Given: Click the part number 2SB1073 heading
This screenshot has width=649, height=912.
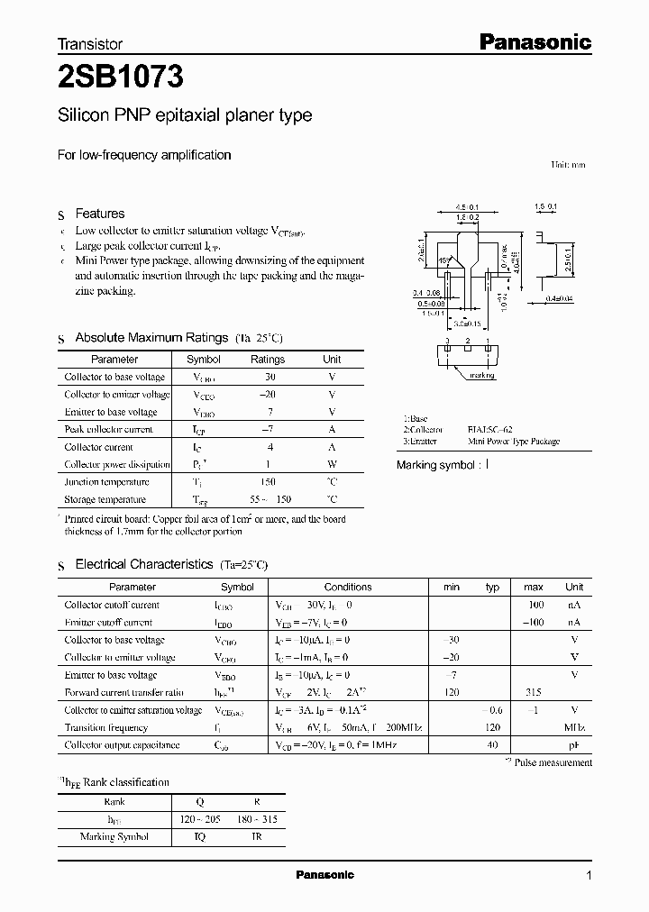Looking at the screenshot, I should [x=121, y=78].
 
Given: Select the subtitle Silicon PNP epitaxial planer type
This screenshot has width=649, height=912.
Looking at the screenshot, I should [x=185, y=115].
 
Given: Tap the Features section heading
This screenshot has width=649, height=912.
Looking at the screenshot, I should [x=99, y=214].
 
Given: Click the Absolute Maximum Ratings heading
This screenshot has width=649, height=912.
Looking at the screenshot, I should [x=151, y=337].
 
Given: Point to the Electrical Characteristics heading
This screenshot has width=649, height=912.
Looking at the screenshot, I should [x=143, y=564].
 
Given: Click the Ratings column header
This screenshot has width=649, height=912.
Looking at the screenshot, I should [x=267, y=359].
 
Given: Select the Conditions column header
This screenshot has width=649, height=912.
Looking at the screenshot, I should [x=347, y=587].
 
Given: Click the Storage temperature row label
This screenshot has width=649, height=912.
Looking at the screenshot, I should [x=105, y=499].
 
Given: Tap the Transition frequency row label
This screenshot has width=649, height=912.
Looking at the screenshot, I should [x=105, y=727].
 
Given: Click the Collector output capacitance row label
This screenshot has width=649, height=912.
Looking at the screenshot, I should [x=122, y=745].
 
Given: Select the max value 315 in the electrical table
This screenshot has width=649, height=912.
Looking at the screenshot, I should [x=534, y=692].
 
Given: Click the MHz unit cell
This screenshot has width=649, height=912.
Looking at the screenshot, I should [x=574, y=727].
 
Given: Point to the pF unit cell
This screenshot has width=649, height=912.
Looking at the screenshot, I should [x=574, y=745].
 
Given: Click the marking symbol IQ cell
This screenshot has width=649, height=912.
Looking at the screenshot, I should [x=199, y=836].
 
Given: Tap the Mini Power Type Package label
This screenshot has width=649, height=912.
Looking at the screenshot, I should [x=513, y=442].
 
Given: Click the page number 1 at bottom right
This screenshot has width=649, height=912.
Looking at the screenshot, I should [x=590, y=875].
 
